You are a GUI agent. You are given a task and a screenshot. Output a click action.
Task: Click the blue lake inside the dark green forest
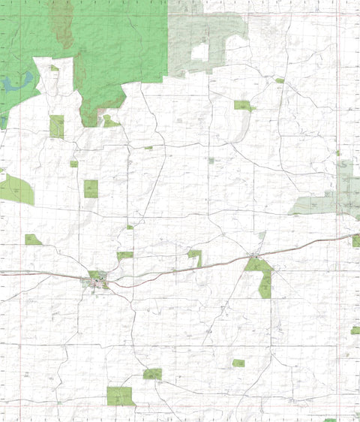pos(19,81)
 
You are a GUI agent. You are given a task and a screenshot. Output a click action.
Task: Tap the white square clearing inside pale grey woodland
pos(199,53)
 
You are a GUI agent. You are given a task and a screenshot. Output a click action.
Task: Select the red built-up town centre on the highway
pos(99,283)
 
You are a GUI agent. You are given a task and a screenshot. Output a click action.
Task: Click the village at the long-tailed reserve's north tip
pos(255,258)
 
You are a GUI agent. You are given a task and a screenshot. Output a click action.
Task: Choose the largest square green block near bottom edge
pos(120,396)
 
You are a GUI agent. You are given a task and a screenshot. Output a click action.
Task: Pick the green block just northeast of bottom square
pos(152,373)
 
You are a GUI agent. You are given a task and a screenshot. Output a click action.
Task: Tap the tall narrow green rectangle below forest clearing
pos(57,126)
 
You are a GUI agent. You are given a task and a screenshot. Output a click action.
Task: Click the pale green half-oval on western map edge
pos(16,191)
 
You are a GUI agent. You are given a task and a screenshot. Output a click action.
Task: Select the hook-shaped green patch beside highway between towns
pos(195,255)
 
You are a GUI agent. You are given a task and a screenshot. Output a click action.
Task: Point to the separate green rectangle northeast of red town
pos(124,255)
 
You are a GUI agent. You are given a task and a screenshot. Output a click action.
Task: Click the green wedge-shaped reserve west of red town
pos(32,240)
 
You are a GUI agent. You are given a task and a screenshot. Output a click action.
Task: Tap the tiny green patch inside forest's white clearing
pos(54,68)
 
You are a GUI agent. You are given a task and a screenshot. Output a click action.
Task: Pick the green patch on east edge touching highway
pos(355,240)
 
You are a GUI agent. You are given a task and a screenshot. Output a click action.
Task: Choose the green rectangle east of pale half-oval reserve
pos(91,188)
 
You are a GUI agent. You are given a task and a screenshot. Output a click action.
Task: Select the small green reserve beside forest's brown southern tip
pos(109,121)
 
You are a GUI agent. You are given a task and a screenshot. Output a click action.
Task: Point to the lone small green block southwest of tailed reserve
pos(238,363)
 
